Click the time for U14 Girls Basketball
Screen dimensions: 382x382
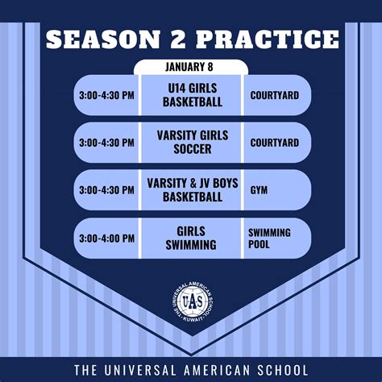106,95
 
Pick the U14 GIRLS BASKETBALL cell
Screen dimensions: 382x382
191,95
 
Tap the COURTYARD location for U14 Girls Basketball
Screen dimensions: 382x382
274,95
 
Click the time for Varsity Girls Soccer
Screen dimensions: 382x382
106,143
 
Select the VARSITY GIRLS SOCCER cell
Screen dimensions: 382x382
191,143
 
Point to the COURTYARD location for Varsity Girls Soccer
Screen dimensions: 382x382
274,143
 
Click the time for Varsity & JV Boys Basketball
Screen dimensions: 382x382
106,190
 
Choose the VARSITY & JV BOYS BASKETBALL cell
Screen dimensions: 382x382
191,190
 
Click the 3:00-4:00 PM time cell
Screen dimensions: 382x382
106,239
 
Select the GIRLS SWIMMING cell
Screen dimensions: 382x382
191,239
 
